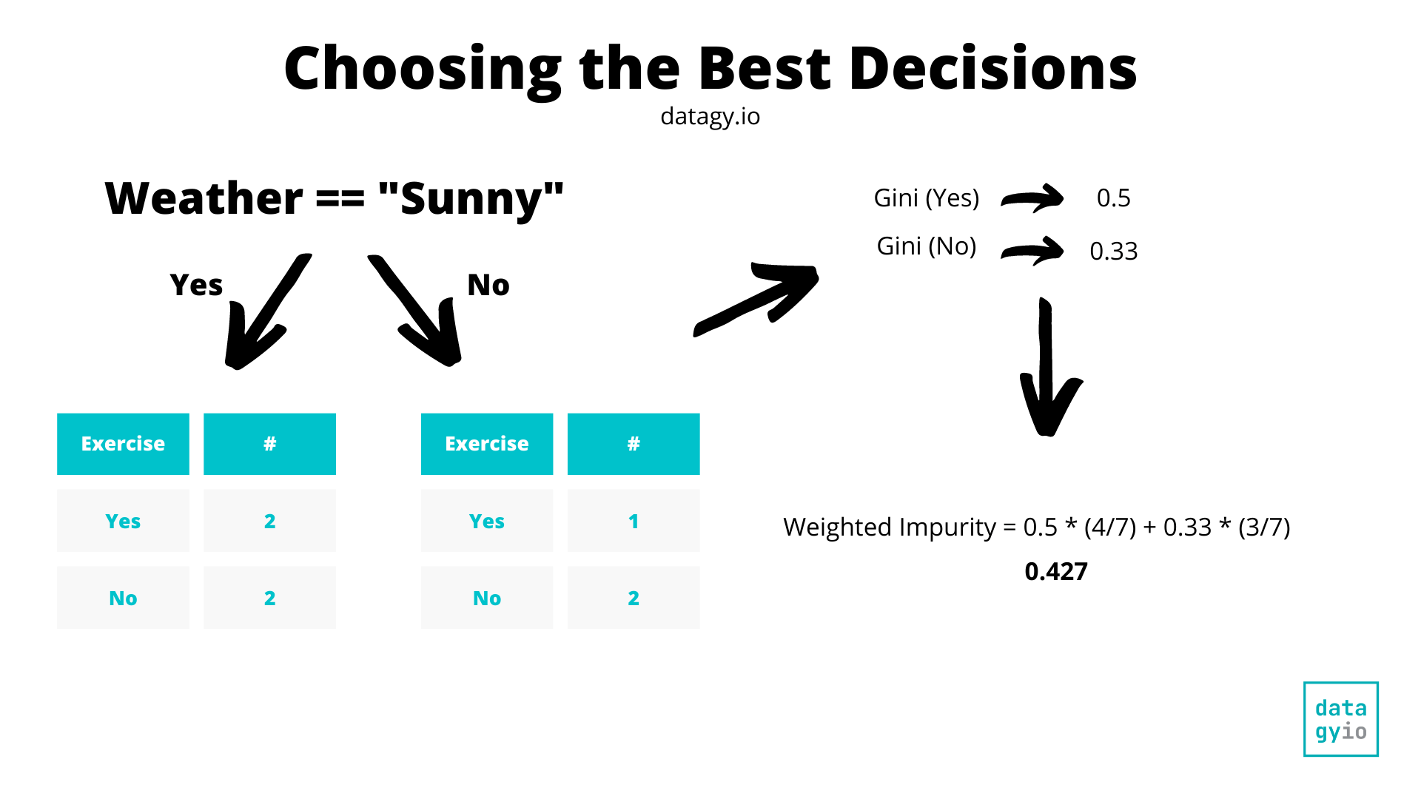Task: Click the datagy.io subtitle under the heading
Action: tap(710, 117)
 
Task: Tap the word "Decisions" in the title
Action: tap(992, 69)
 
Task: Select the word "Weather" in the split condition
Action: tap(204, 199)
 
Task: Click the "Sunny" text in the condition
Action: tap(471, 199)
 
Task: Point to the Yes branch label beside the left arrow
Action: tap(196, 285)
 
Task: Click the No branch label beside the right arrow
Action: tap(488, 285)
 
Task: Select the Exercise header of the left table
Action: tap(123, 444)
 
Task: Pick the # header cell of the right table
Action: tap(634, 444)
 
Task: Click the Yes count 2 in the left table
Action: tap(269, 521)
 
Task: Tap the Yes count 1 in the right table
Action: tap(634, 521)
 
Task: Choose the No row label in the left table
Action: tap(123, 598)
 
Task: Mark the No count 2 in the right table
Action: tap(634, 598)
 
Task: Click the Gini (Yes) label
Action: tap(926, 198)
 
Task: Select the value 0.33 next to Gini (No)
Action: tap(1113, 252)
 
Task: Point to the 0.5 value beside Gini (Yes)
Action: tap(1113, 198)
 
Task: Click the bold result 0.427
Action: tap(1056, 572)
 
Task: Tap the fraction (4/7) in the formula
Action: tap(1109, 527)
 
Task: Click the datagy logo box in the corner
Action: tap(1340, 719)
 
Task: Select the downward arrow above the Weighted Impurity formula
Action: tap(1047, 370)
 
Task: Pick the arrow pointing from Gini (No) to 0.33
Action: tap(1032, 252)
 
